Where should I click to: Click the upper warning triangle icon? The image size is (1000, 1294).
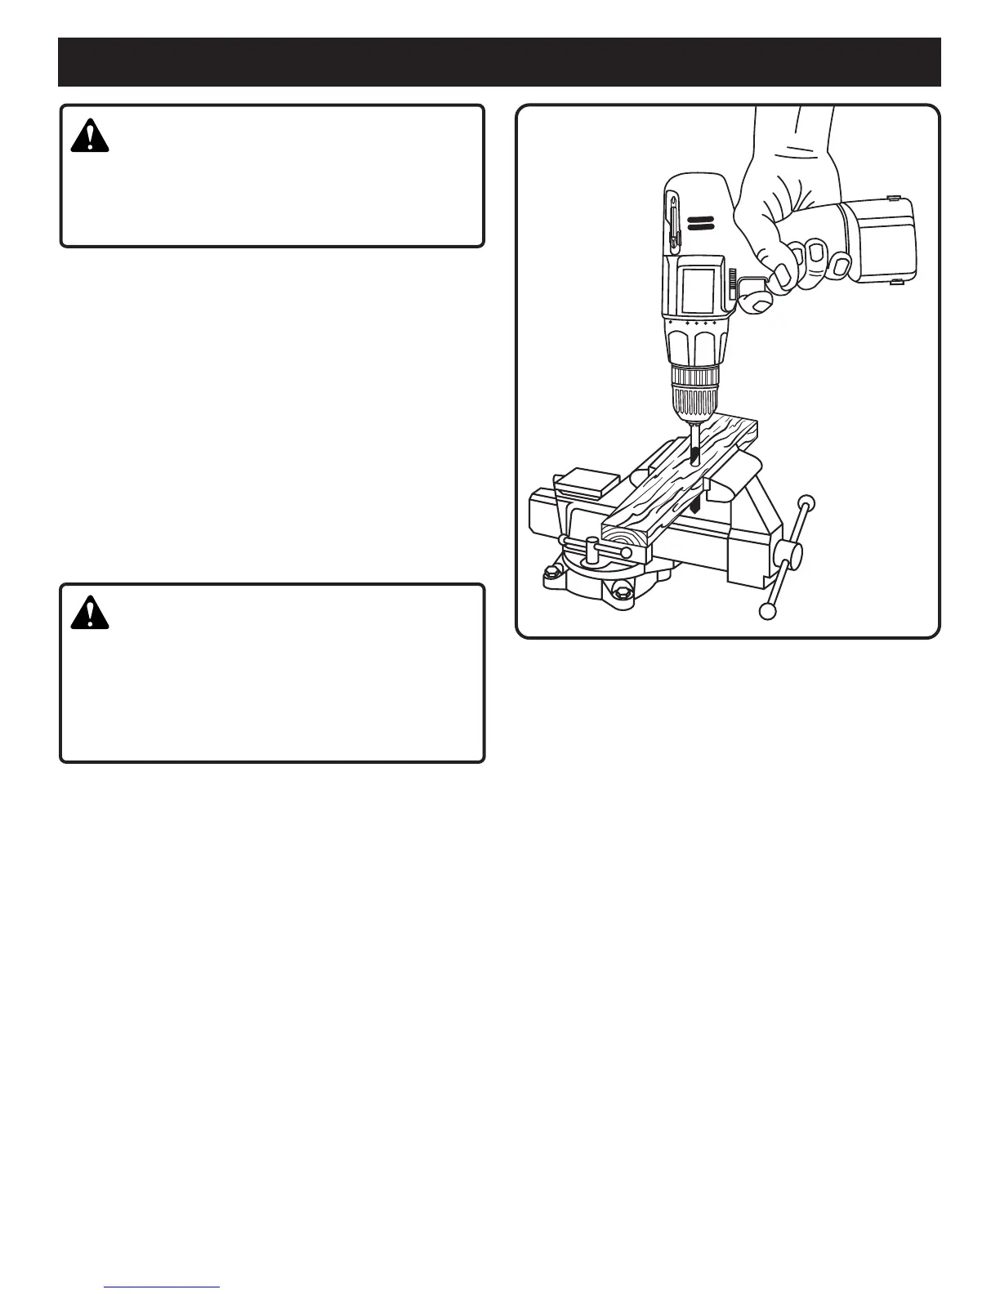[90, 136]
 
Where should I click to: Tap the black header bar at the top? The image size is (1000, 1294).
[499, 62]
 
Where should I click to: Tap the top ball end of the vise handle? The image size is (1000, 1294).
[807, 502]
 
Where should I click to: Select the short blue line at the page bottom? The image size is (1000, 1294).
[163, 1287]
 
